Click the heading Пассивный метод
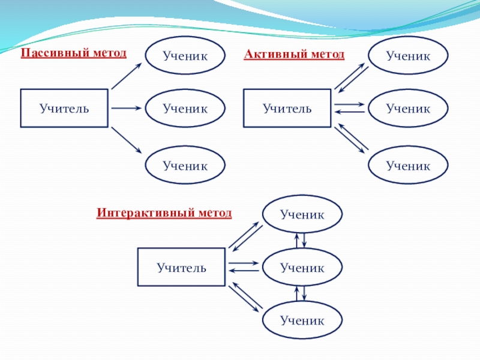click(74, 53)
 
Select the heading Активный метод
click(294, 55)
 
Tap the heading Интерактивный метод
click(164, 212)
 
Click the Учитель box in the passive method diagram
click(64, 109)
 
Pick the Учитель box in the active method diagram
click(287, 109)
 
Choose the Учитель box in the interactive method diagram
click(182, 267)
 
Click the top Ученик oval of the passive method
click(185, 56)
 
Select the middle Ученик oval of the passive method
click(185, 109)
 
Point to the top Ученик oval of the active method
click(408, 56)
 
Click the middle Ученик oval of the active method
click(408, 109)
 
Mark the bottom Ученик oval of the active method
click(408, 165)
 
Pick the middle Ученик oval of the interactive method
click(302, 268)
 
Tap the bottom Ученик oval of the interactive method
click(302, 320)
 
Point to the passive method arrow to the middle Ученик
click(126, 109)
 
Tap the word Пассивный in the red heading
click(53, 53)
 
